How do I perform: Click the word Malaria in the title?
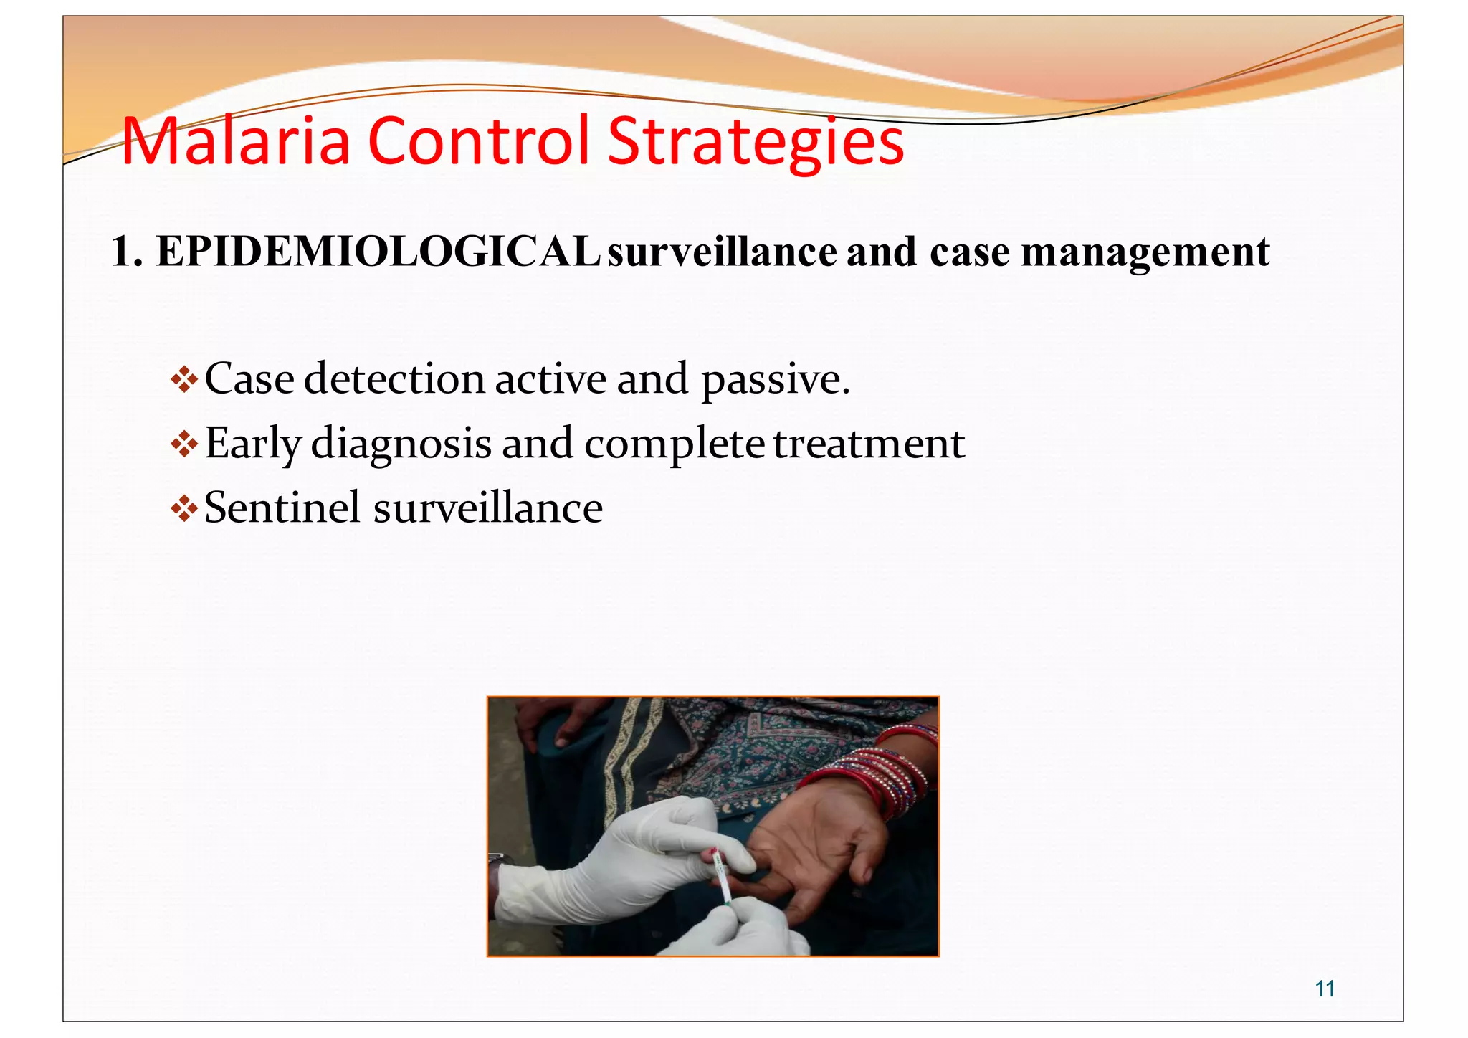236,141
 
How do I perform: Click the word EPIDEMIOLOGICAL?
378,252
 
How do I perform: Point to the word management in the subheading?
1145,253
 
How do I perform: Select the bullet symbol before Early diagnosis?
184,444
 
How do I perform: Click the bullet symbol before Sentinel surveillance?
184,509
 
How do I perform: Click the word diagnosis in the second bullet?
401,444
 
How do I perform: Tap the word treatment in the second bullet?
869,444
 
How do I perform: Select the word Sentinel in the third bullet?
282,508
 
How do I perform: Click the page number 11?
1325,989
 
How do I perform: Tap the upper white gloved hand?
631,860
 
